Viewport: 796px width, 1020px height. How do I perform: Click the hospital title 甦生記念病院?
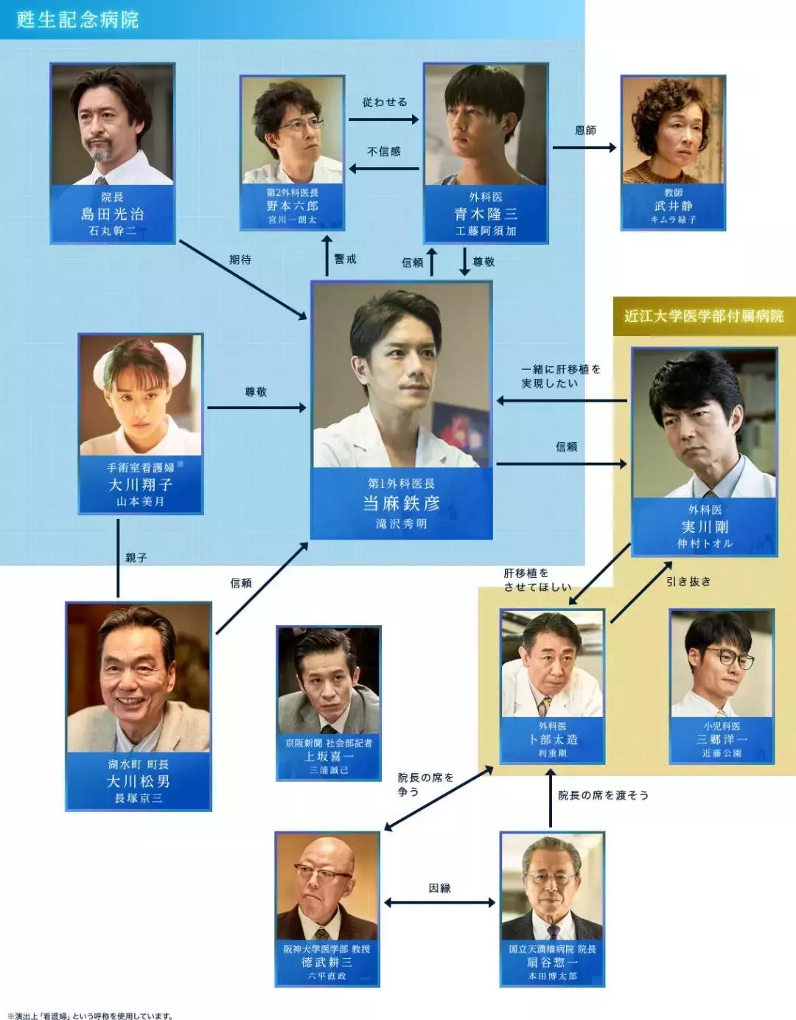click(x=77, y=19)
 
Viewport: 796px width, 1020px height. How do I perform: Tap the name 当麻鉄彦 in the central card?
click(x=401, y=503)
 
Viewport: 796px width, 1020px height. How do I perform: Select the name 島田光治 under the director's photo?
click(x=112, y=214)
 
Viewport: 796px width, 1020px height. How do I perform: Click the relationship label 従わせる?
click(x=384, y=102)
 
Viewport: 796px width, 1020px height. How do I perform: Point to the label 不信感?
click(x=384, y=151)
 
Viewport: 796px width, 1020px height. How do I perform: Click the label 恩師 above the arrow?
click(x=585, y=130)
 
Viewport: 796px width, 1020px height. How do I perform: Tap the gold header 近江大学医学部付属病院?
click(x=704, y=316)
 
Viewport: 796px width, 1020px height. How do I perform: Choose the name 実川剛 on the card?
click(x=705, y=527)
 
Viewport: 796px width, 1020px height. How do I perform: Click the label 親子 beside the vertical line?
click(x=136, y=558)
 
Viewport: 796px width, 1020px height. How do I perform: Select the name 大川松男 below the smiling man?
click(x=138, y=781)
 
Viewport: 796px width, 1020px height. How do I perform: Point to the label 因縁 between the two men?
click(x=439, y=888)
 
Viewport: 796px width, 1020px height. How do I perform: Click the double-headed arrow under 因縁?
click(x=439, y=903)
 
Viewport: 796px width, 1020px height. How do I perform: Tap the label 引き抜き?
click(x=688, y=581)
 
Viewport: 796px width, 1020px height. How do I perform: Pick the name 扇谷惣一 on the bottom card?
click(x=552, y=963)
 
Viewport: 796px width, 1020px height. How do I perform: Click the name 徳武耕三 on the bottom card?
click(x=327, y=963)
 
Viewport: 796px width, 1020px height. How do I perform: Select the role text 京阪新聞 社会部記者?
click(x=329, y=743)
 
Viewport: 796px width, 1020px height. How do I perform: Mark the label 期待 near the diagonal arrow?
click(x=240, y=259)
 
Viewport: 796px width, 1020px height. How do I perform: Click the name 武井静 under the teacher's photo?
click(x=674, y=206)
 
